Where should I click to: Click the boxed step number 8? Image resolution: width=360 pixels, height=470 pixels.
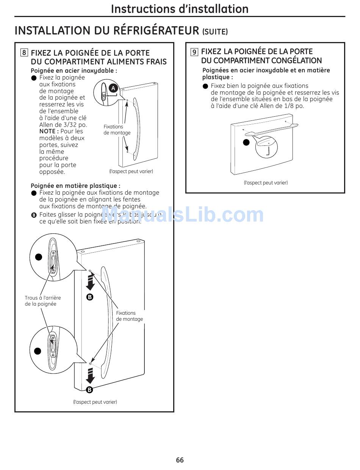pos(24,53)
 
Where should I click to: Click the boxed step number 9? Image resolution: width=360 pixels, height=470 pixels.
pos(194,52)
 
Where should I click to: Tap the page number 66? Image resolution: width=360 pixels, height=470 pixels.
pos(180,460)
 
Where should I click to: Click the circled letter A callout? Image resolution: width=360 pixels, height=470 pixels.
pos(113,88)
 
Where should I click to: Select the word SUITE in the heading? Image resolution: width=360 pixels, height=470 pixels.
pos(215,32)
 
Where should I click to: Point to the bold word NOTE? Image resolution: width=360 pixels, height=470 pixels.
pos(49,131)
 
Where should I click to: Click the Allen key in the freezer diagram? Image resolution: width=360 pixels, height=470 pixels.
pos(268,151)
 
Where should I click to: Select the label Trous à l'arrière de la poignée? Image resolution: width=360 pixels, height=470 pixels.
pos(42,301)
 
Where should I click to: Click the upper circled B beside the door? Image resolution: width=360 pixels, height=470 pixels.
pos(90,297)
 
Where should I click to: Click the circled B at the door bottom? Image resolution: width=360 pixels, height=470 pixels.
pos(89,390)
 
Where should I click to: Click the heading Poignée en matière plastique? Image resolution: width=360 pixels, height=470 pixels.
pos(75,186)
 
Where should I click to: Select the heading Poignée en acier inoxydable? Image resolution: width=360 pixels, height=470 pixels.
pos(74,70)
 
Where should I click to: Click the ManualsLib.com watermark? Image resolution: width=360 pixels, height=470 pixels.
pos(182,215)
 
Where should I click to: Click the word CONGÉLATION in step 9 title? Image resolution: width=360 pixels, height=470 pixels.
pos(292,61)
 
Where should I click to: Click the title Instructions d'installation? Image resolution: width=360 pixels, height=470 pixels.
pos(180,8)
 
